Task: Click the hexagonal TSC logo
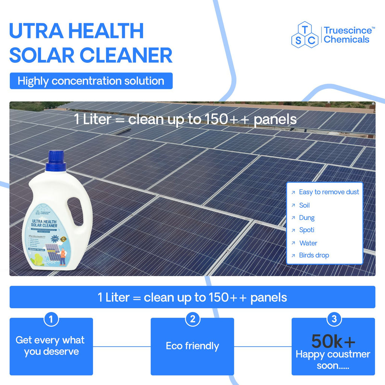pos(305,35)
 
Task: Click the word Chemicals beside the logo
pos(346,39)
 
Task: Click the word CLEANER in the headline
pos(126,55)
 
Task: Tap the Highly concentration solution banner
pos(91,81)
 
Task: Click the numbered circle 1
pos(51,319)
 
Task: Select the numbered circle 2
pos(192,319)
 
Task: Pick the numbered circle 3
pos(334,319)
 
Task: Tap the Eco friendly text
pos(192,346)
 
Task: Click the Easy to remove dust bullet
pos(329,192)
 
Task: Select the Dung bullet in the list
pos(306,218)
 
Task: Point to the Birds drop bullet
pos(314,255)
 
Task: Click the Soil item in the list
pos(304,205)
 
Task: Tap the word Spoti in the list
pos(306,230)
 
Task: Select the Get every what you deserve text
pos(50,346)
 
